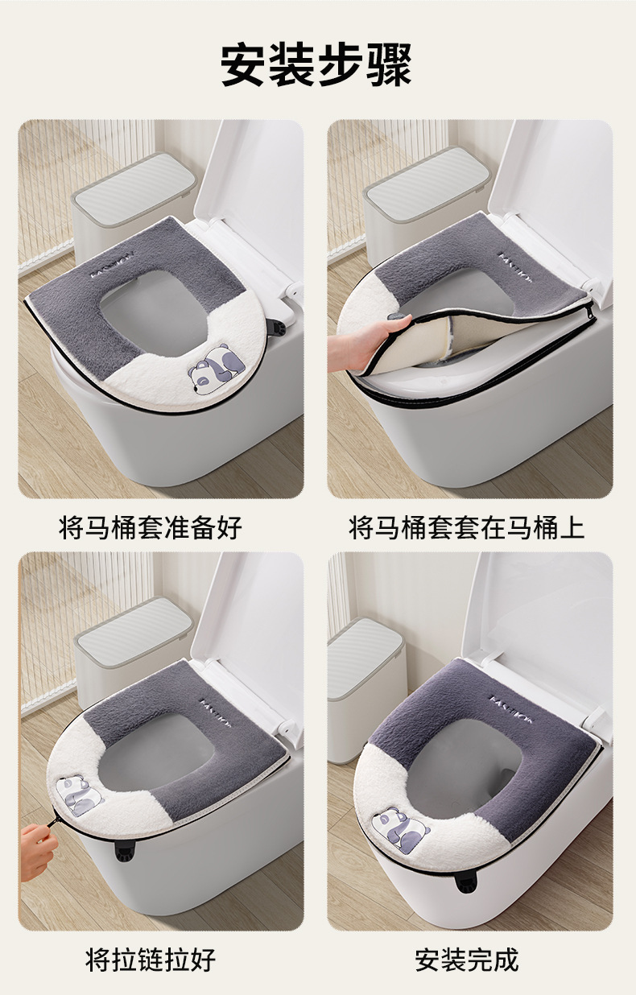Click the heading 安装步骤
(316, 64)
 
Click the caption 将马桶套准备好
(151, 528)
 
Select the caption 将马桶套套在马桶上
(467, 528)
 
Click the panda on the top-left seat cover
(217, 367)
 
